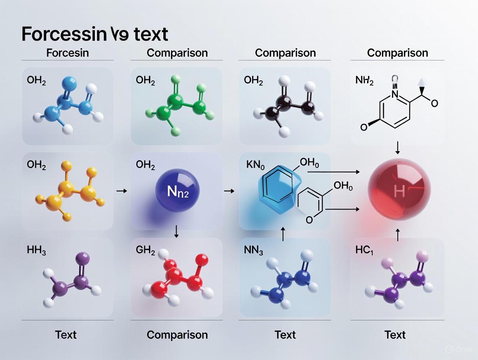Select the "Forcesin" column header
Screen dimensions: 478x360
tap(67, 53)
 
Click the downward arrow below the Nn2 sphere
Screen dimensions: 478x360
tap(176, 231)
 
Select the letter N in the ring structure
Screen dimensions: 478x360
tap(394, 93)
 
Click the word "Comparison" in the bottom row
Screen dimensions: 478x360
tap(177, 334)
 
